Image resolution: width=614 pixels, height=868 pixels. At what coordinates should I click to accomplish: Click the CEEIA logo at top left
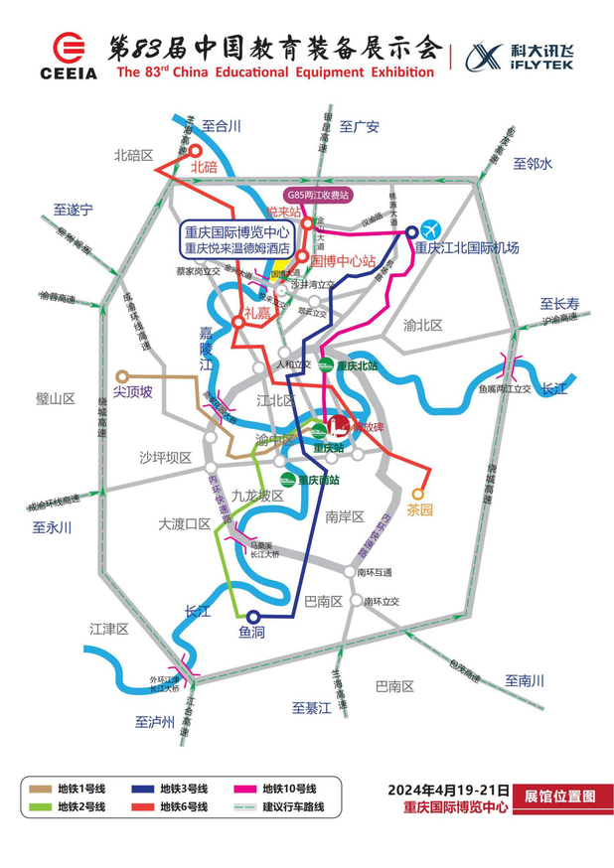(69, 56)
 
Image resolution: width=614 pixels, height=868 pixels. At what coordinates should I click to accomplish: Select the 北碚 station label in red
(203, 167)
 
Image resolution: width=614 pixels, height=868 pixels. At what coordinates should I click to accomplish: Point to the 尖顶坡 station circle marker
(122, 376)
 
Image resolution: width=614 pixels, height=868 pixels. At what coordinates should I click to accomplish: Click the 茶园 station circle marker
(418, 493)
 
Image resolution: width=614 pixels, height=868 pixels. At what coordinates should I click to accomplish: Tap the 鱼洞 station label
(251, 632)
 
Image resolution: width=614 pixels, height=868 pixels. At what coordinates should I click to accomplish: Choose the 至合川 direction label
(222, 126)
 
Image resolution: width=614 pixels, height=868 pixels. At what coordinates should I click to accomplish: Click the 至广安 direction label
(360, 126)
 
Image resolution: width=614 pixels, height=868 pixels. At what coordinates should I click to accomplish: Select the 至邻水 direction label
(532, 164)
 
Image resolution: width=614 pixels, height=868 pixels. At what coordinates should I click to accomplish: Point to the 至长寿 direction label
(559, 304)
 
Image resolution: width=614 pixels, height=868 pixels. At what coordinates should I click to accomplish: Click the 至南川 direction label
(525, 680)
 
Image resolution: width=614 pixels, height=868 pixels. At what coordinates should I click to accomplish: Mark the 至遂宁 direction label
(74, 210)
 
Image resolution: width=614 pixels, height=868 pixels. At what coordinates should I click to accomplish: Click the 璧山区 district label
(56, 398)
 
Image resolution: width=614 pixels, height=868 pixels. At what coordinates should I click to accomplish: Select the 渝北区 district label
(424, 325)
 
